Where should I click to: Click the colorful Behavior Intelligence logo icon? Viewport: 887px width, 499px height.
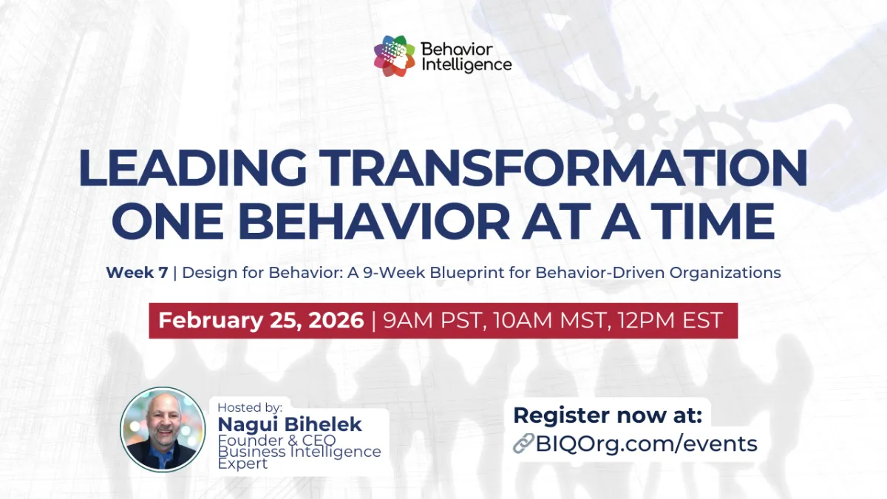click(395, 56)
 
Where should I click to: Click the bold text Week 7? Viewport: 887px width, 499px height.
click(137, 272)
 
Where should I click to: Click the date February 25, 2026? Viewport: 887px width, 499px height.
click(261, 320)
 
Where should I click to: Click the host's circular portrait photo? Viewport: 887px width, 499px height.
click(162, 430)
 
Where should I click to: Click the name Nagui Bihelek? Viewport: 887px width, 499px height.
click(290, 424)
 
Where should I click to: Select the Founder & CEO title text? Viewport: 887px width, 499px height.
click(276, 441)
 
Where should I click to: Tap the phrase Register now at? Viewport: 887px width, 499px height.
click(608, 415)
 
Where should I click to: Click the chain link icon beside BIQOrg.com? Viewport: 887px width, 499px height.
click(523, 444)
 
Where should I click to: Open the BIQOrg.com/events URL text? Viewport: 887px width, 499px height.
click(646, 444)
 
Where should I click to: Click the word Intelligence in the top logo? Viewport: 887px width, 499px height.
click(466, 64)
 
